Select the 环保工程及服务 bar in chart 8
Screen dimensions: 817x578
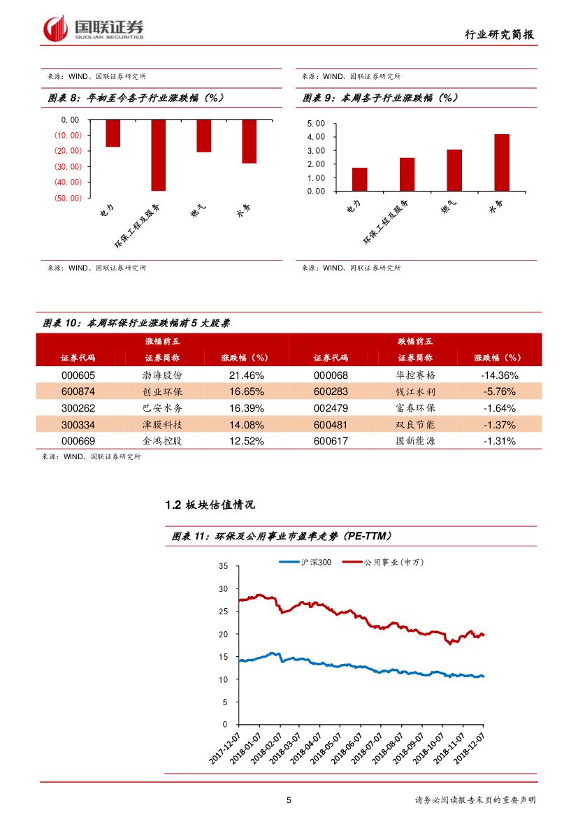tap(158, 154)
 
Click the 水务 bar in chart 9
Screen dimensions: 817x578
tap(501, 162)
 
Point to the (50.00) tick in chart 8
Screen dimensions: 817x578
tap(66, 198)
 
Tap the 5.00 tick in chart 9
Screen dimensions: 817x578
tap(316, 123)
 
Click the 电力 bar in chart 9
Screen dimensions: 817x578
tap(359, 179)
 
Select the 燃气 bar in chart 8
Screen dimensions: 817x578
tap(203, 136)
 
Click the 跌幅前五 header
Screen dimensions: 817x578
tap(415, 342)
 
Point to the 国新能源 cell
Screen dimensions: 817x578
tap(415, 442)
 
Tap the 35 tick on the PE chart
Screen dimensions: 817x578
tap(223, 566)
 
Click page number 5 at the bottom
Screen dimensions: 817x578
tap(289, 800)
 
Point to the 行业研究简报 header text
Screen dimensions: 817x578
tap(503, 35)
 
